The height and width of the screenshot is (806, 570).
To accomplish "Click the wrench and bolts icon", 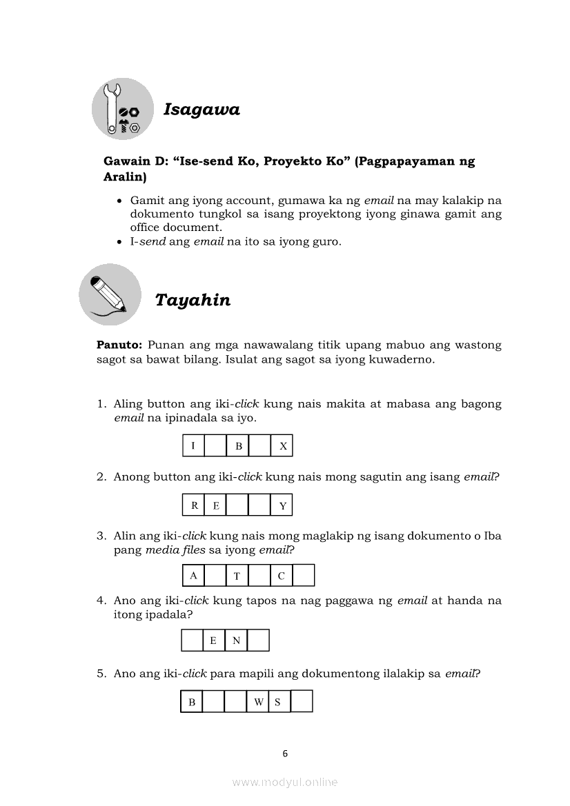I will (122, 109).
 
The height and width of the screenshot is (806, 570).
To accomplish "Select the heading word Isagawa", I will (202, 110).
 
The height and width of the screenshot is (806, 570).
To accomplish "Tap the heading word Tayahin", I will (193, 301).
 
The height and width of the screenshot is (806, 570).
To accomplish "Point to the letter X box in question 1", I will (282, 446).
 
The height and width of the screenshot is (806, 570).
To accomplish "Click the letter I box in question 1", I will (193, 446).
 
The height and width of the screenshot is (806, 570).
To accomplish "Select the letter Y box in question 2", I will (282, 506).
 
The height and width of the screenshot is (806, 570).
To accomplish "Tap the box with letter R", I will (194, 506).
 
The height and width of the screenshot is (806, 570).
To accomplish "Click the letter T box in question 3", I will (237, 576).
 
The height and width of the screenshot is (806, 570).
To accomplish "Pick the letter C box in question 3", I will (282, 576).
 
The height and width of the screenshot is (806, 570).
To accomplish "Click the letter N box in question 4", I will (236, 641).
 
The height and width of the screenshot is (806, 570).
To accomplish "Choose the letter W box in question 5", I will (258, 702).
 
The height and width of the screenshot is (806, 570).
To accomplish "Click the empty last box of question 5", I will (302, 702).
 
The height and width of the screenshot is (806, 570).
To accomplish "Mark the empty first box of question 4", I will (192, 641).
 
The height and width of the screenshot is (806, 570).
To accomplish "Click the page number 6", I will (285, 754).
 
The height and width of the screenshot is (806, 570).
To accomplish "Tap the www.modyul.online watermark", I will (285, 783).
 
